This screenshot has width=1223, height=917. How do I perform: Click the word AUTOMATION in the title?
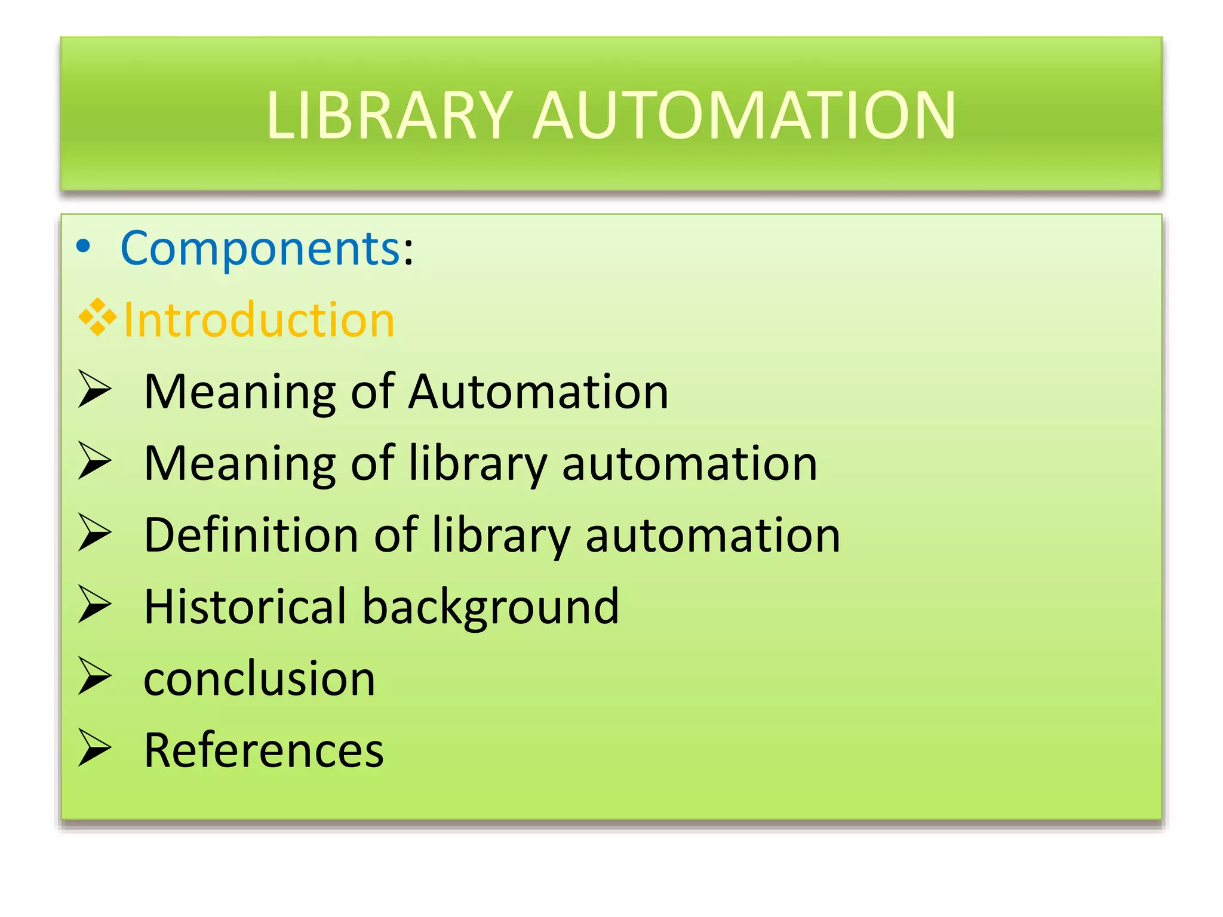click(x=743, y=115)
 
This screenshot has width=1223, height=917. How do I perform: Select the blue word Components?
click(x=260, y=248)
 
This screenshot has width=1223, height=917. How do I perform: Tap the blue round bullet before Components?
click(x=84, y=247)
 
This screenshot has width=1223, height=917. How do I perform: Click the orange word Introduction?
click(x=259, y=320)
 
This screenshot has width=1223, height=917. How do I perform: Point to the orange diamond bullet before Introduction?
click(x=97, y=316)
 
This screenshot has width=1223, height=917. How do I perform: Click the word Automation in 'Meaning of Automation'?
click(x=537, y=392)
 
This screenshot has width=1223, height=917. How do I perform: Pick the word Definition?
click(x=251, y=535)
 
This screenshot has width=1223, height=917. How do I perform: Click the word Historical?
click(x=245, y=607)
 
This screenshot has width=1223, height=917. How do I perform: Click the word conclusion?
click(x=259, y=679)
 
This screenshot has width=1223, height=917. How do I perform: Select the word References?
click(x=263, y=750)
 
